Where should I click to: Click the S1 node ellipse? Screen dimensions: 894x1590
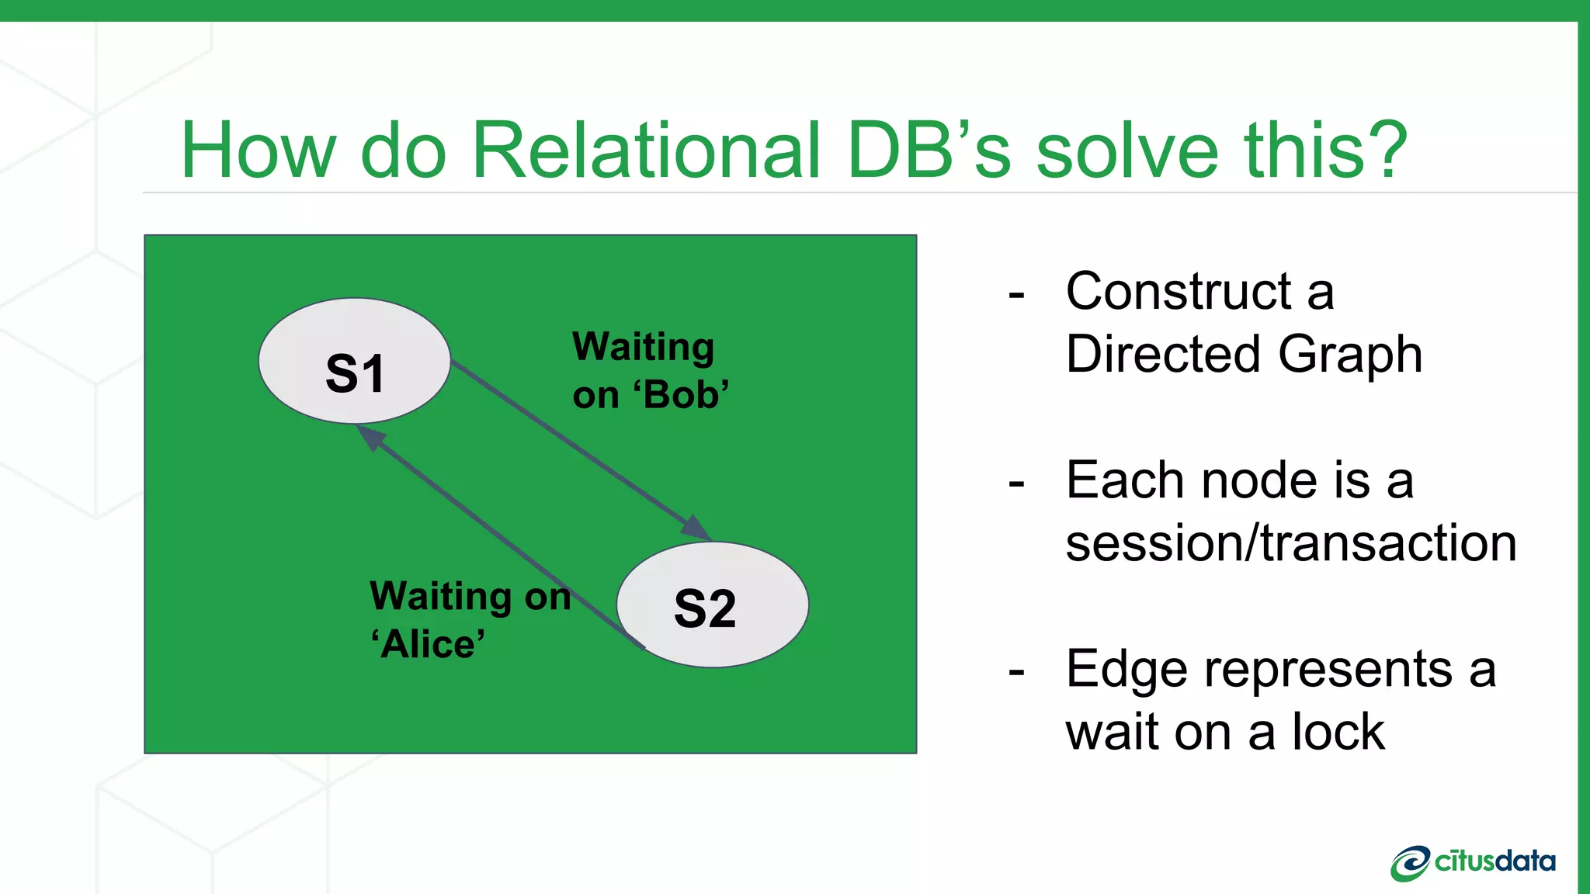pos(354,362)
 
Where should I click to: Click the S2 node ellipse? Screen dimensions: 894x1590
pos(712,605)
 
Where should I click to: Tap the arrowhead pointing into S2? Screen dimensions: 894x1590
pos(696,528)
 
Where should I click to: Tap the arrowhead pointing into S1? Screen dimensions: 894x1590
pos(371,437)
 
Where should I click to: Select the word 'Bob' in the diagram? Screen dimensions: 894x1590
pos(682,395)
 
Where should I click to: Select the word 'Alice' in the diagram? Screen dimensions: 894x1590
pos(428,645)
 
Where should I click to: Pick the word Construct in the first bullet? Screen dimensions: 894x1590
pos(1178,292)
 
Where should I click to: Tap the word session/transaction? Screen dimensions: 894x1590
pos(1290,542)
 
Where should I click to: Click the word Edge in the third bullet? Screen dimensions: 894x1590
pos(1126,670)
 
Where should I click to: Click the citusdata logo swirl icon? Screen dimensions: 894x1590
pos(1409,863)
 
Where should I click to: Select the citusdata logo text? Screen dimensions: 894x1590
pos(1495,861)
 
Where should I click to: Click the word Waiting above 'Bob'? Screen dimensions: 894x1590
pos(643,347)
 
